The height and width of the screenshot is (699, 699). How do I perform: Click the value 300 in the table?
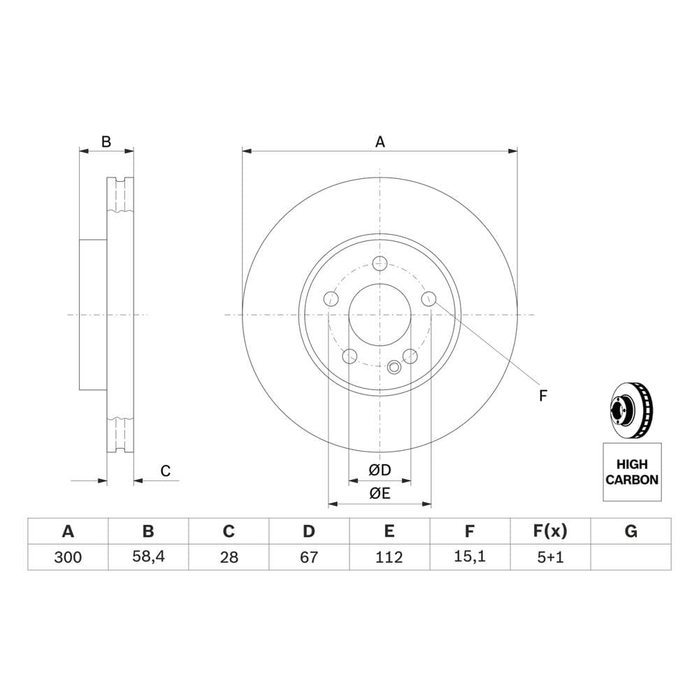point(68,557)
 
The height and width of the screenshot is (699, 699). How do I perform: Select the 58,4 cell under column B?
point(148,557)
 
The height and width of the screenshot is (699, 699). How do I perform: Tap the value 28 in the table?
point(229,557)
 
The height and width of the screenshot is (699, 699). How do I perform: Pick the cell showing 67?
point(309,557)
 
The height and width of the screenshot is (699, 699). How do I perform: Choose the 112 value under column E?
point(389,557)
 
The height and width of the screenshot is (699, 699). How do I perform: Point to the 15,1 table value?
point(470,557)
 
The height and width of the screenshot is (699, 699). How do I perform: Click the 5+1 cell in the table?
point(551,557)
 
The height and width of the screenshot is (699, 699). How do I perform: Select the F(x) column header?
point(551,531)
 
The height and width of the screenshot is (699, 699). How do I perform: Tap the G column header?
point(630,531)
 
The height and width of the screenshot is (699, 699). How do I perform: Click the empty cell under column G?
point(630,557)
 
